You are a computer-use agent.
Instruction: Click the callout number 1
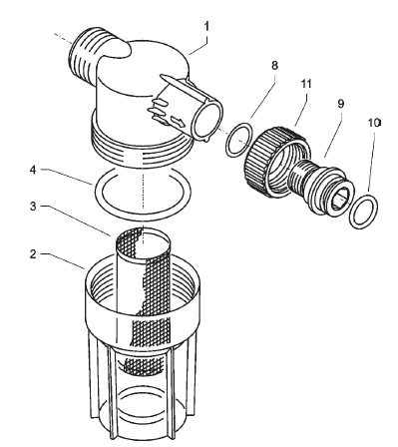[206, 26]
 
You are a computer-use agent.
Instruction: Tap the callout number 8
[274, 66]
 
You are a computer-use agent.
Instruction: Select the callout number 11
[306, 84]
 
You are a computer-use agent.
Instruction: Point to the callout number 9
[340, 104]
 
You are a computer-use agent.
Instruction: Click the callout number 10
[374, 123]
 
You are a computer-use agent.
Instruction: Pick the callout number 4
[33, 170]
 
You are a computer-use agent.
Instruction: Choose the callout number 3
[33, 207]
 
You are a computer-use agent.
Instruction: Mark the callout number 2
[33, 254]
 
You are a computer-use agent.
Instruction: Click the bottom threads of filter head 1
[143, 147]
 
